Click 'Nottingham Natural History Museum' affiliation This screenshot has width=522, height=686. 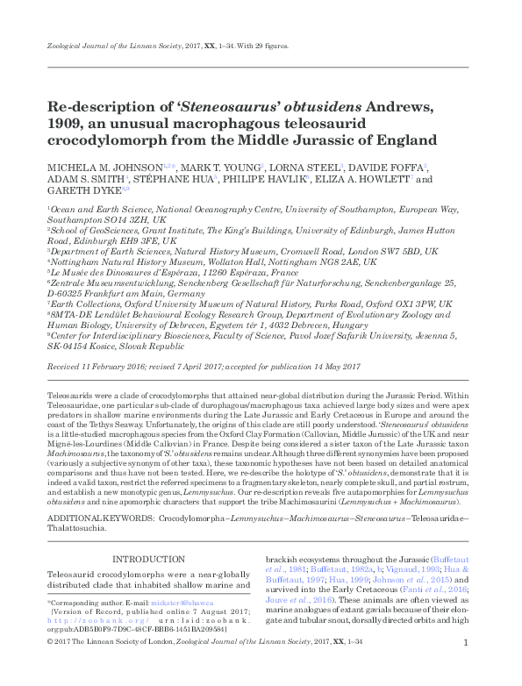click(x=123, y=261)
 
